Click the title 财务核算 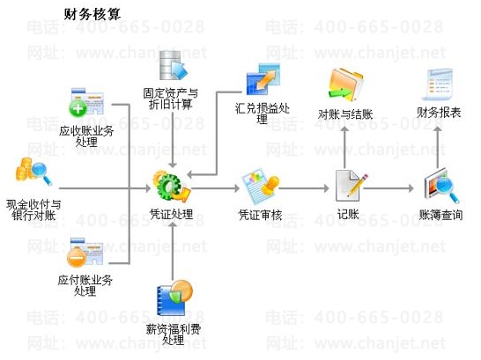[92, 14]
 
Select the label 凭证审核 [261, 215]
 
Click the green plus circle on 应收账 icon [78, 108]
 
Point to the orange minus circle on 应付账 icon [76, 257]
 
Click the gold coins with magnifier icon [33, 172]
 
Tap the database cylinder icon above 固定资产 [173, 66]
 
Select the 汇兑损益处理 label [263, 114]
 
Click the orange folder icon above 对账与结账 [345, 84]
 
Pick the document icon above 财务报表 [438, 84]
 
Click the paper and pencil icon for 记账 [351, 186]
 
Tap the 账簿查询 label [440, 215]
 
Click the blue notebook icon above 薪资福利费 [174, 298]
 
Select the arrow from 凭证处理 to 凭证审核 [215, 188]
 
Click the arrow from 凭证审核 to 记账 [304, 188]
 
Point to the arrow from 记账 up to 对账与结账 [344, 148]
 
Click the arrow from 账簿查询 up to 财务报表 [438, 148]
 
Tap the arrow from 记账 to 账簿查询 [388, 188]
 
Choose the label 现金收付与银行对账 [33, 210]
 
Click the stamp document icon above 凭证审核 [261, 186]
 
